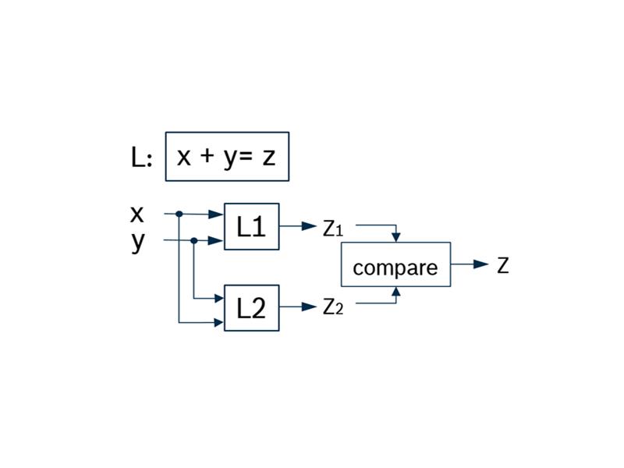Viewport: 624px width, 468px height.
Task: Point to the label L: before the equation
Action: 142,158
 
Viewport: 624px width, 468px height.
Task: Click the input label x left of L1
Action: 136,214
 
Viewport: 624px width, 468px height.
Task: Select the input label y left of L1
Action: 138,241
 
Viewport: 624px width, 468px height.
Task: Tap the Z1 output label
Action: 333,228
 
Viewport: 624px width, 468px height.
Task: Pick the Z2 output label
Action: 333,307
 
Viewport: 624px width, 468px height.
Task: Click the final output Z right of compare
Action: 503,265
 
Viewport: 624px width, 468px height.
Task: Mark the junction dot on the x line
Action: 179,214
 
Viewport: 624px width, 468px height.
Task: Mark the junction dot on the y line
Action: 194,241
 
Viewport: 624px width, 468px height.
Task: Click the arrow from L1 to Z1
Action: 298,226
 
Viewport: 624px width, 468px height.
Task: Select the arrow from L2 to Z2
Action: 298,307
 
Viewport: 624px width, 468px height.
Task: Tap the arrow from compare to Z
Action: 470,264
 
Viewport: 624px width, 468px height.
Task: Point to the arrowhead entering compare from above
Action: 396,238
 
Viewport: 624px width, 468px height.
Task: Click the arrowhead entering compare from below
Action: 396,291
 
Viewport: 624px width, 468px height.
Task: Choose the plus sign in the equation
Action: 207,155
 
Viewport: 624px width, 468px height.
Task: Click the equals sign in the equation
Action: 246,156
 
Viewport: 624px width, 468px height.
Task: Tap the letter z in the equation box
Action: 269,158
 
